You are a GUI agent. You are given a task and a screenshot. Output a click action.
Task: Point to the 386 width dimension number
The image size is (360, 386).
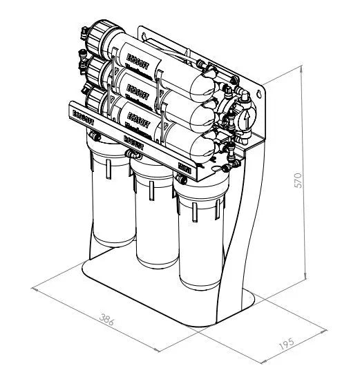(106, 321)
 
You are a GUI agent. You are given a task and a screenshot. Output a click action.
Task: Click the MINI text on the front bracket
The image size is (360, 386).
(184, 166)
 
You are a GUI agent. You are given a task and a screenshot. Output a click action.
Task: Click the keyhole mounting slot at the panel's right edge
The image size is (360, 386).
(260, 91)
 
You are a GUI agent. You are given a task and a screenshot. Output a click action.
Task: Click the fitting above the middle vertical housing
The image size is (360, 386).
(131, 157)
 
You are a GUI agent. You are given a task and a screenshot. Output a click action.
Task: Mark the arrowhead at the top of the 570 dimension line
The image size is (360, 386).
(305, 68)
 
